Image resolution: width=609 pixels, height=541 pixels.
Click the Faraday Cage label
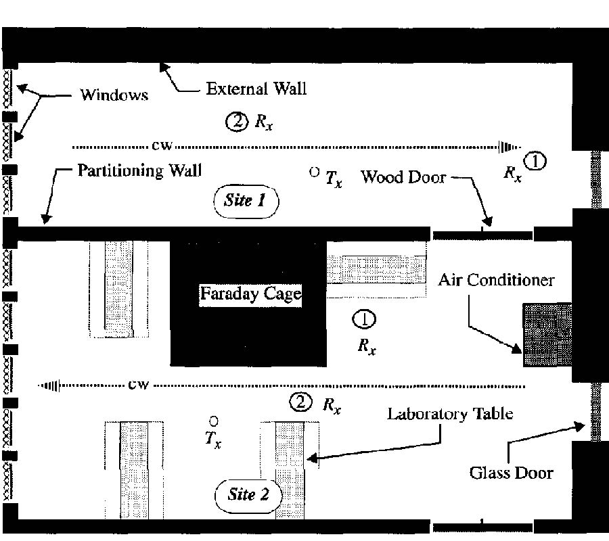tap(250, 294)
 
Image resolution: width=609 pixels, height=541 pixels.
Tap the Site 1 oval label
tap(246, 202)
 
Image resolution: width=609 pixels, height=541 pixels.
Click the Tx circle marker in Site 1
tap(314, 172)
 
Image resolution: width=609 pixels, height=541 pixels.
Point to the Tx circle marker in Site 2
tap(214, 421)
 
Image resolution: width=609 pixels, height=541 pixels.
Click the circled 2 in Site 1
tap(238, 122)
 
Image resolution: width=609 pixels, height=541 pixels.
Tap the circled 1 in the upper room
tap(535, 161)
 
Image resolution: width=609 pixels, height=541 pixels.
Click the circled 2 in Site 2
tap(300, 403)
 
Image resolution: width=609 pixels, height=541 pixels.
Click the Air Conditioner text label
tap(496, 280)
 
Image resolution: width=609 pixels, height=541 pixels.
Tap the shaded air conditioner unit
tap(547, 335)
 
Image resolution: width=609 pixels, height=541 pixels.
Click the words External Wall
tap(256, 89)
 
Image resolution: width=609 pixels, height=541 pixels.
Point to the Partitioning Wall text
tap(139, 170)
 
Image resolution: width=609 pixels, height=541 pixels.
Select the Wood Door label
tap(403, 177)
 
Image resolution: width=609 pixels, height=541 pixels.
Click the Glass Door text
tap(511, 472)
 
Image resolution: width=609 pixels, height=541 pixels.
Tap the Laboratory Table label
tap(449, 413)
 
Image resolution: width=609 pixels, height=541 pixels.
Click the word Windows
tap(114, 95)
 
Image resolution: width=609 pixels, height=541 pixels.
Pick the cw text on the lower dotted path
tap(138, 385)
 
